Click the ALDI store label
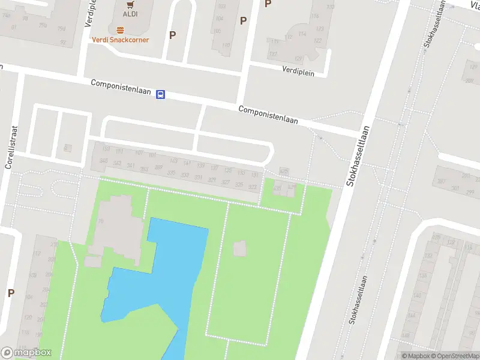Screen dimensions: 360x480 point(130,14)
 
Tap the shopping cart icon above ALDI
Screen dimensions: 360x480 point(130,4)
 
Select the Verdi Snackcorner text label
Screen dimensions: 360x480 point(120,40)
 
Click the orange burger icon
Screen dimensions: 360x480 point(120,29)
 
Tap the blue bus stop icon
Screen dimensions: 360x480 point(160,94)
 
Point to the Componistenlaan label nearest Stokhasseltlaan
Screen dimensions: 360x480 point(268,115)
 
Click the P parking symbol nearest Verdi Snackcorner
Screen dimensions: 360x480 point(172,35)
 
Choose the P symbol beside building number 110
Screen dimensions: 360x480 point(243,20)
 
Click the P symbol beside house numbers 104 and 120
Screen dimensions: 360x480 point(11,293)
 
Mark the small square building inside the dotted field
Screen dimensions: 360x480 point(239,248)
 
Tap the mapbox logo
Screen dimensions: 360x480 point(26,353)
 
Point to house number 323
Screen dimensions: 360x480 point(253,187)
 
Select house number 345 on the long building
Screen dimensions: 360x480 point(103,162)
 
